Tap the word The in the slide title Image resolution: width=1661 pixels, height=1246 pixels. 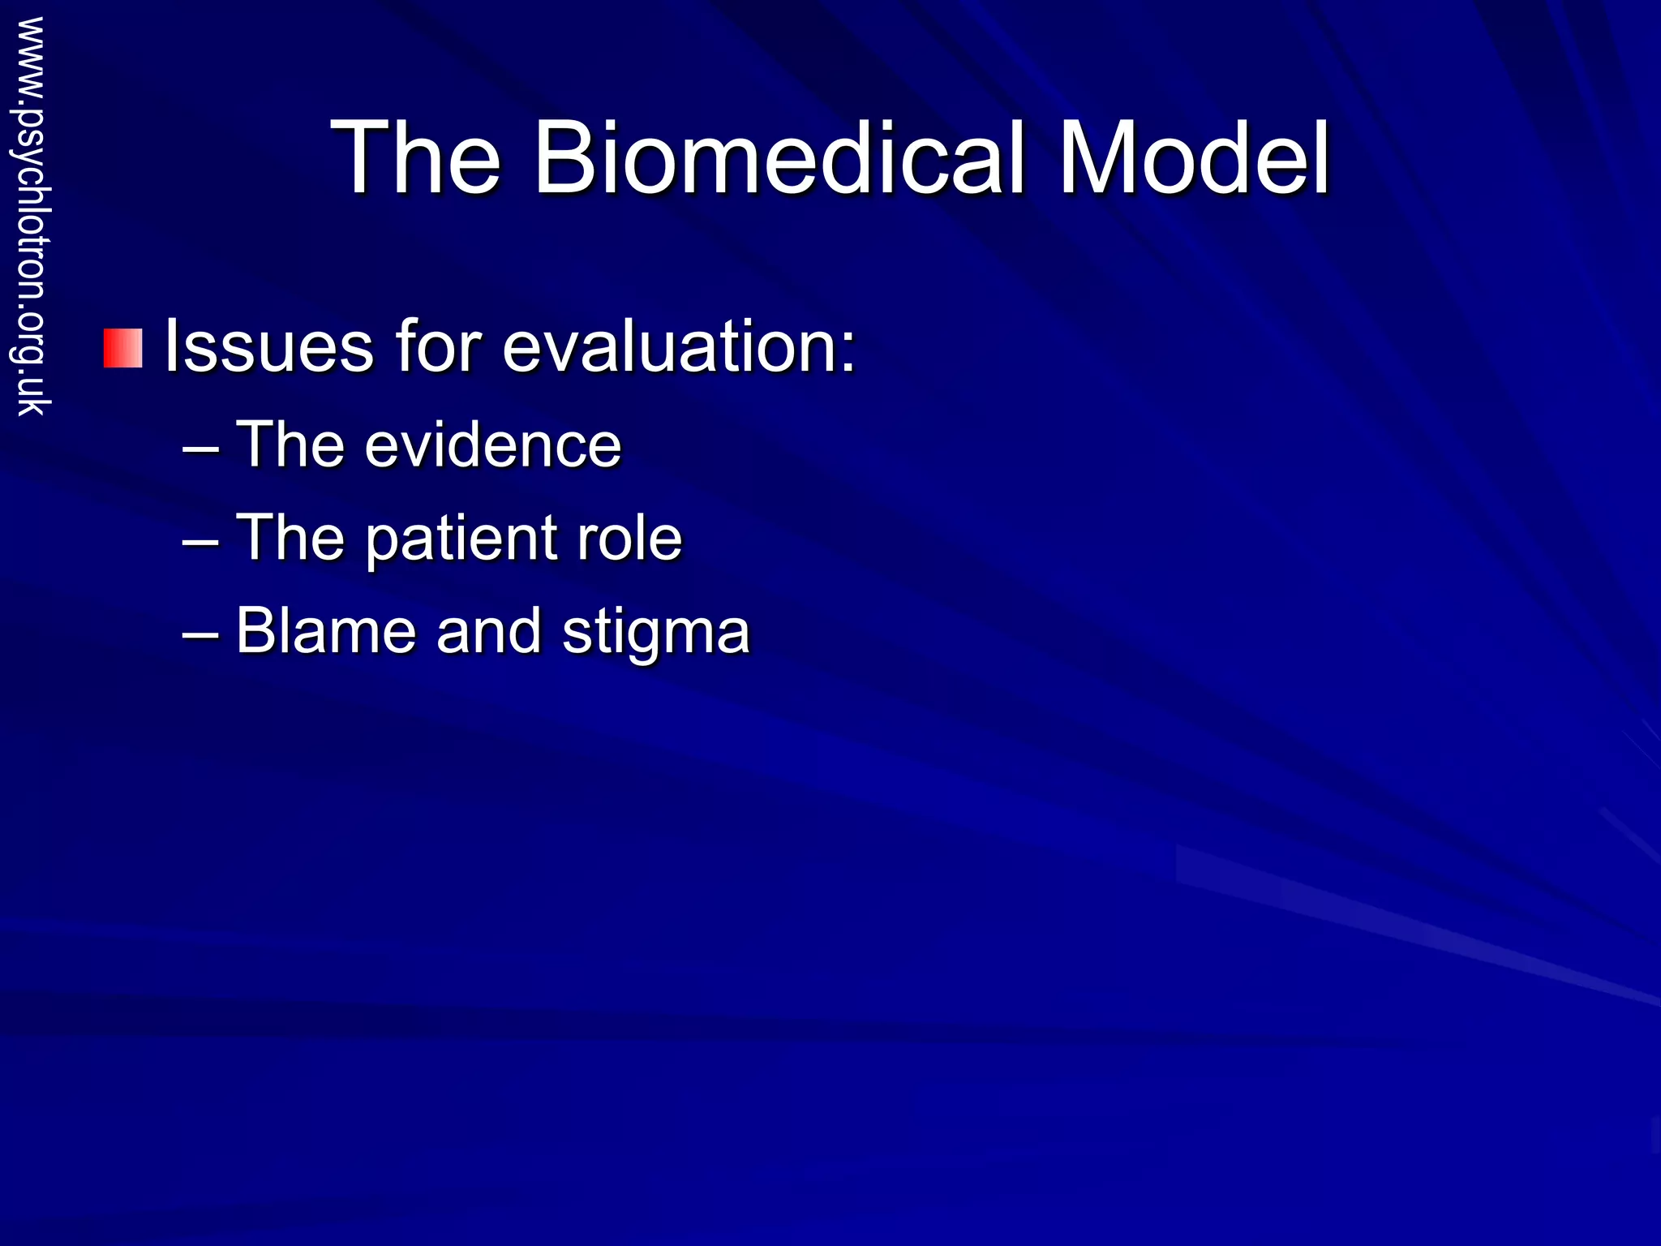click(415, 157)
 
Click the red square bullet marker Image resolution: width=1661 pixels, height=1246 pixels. click(122, 348)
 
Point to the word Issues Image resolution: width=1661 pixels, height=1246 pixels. click(268, 346)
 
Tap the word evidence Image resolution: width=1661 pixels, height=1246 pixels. click(492, 445)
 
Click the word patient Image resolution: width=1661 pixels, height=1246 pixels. click(460, 539)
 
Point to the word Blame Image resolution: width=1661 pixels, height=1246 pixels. click(325, 631)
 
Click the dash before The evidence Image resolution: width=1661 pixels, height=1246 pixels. click(200, 449)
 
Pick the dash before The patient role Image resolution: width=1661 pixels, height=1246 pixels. click(200, 542)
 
